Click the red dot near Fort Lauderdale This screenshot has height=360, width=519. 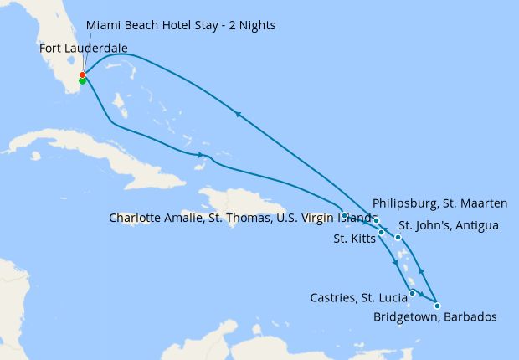coord(82,75)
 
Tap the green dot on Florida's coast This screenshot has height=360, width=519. coord(82,81)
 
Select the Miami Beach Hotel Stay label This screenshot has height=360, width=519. coord(181,25)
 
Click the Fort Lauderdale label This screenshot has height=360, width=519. coord(84,49)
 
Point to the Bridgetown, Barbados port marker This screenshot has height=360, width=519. coord(437,306)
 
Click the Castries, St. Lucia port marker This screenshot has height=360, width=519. coord(413,293)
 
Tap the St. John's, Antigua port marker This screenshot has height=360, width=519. coord(398,238)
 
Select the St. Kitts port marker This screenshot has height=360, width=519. coord(381,232)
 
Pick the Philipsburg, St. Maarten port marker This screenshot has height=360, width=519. coord(377,220)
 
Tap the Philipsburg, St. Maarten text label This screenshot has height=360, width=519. coord(439,203)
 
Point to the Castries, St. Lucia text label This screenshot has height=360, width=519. coord(358,297)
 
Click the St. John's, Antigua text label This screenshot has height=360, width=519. coord(449,225)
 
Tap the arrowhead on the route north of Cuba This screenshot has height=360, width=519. coord(201,155)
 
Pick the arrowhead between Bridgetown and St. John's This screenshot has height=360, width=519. coord(421,271)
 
